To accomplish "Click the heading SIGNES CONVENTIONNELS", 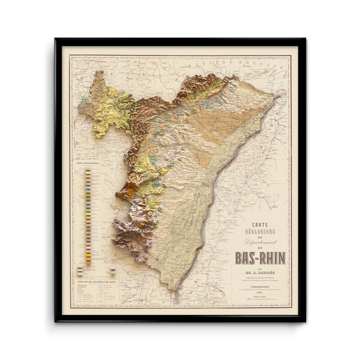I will pos(88,164).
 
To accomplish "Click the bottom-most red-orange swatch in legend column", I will pos(88,263).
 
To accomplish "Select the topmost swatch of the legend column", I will pos(88,169).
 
